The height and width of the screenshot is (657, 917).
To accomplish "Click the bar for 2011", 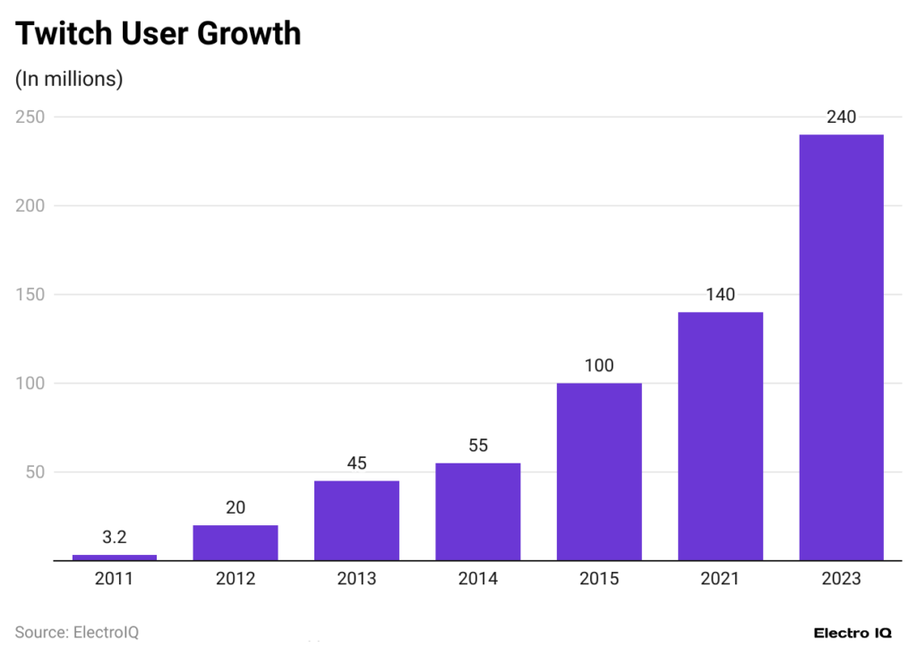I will point(115,558).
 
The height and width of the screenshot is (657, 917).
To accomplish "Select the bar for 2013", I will point(356,521).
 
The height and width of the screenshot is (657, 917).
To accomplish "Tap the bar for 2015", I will point(599,471).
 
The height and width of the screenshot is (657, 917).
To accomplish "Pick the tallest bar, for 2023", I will point(841,348).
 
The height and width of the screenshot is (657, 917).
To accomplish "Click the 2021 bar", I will point(720,437).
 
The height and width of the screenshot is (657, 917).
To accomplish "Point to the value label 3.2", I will point(115,538).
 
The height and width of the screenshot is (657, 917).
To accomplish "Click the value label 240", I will point(841,117).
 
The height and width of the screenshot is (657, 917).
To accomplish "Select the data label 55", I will point(478,445).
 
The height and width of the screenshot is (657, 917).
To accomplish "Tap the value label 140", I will point(720,295).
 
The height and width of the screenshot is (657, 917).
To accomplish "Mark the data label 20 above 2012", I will point(236,507).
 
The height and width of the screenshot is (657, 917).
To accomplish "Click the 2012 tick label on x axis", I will point(236,579).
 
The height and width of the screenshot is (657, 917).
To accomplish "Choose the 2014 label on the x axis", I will point(478,579).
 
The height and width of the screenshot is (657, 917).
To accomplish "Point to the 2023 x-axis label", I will point(841,579).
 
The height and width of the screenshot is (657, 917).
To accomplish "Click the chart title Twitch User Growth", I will point(158,34).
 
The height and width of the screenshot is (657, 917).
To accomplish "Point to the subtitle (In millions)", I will point(69,79).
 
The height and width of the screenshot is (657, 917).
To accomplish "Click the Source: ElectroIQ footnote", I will point(77,632).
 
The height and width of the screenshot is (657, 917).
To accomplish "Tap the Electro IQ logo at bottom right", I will point(853,633).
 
